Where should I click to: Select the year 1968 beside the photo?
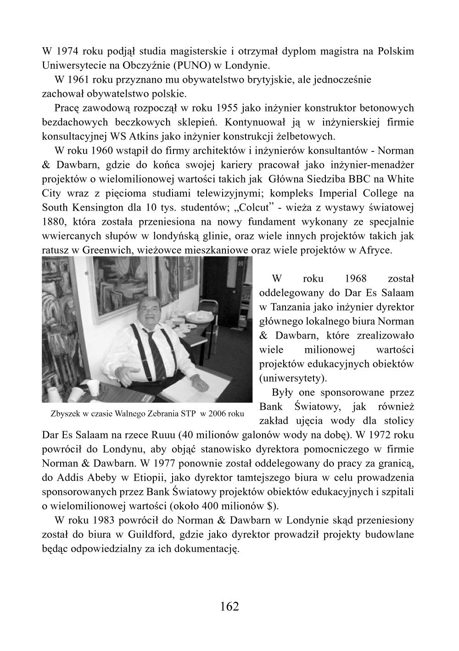point(355,278)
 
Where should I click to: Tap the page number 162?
point(229,606)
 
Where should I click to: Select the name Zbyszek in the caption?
point(66,413)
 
